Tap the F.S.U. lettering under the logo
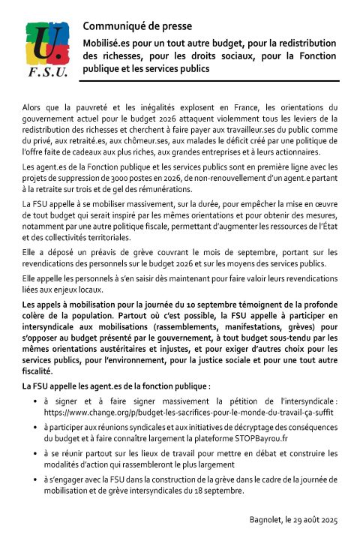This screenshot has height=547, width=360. click(x=46, y=74)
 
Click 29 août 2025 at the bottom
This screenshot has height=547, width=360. click(x=319, y=521)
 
